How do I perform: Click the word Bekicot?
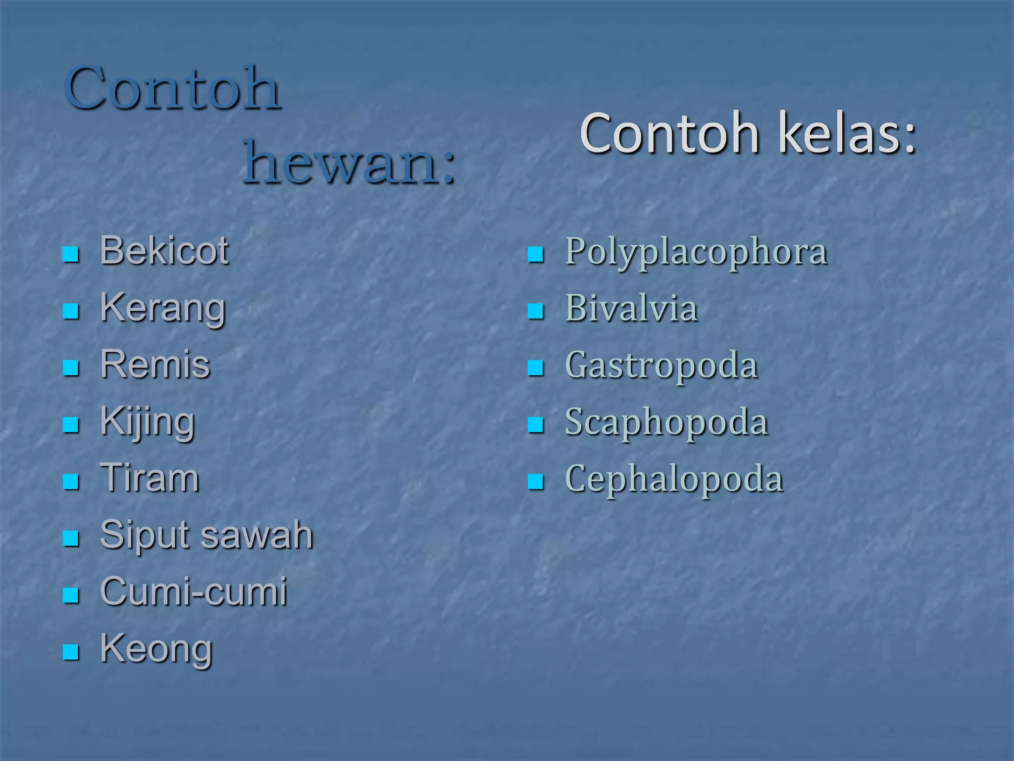pyautogui.click(x=164, y=251)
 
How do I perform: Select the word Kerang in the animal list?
pyautogui.click(x=163, y=308)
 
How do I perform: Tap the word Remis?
pyautogui.click(x=155, y=365)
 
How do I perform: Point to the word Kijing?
pyautogui.click(x=148, y=422)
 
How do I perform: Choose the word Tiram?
pyautogui.click(x=150, y=479)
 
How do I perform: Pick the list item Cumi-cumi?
pyautogui.click(x=194, y=592)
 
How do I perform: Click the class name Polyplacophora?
pyautogui.click(x=696, y=252)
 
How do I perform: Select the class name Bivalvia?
pyautogui.click(x=631, y=309)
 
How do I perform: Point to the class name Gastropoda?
pyautogui.click(x=661, y=366)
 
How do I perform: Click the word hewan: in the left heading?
pyautogui.click(x=349, y=163)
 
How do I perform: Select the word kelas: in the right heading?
pyautogui.click(x=847, y=133)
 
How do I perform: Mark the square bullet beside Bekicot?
pyautogui.click(x=71, y=255)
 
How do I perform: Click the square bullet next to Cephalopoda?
pyautogui.click(x=536, y=482)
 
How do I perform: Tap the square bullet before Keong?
pyautogui.click(x=71, y=652)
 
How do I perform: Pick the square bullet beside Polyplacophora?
pyautogui.click(x=536, y=255)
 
